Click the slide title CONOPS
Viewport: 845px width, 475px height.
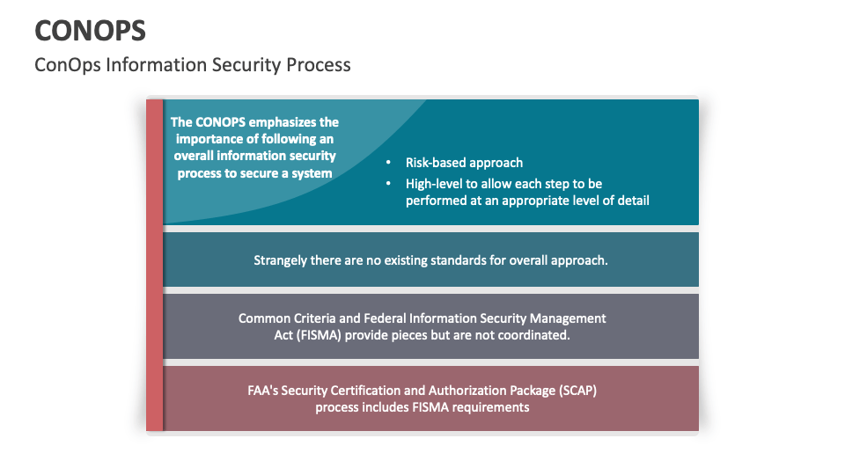(x=91, y=30)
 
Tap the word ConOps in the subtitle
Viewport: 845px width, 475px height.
(x=68, y=65)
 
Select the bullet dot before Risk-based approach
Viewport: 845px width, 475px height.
(x=388, y=162)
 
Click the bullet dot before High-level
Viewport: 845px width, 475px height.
(x=388, y=184)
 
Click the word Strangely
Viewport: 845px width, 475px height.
(x=280, y=260)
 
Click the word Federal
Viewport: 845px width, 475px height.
(x=383, y=318)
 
